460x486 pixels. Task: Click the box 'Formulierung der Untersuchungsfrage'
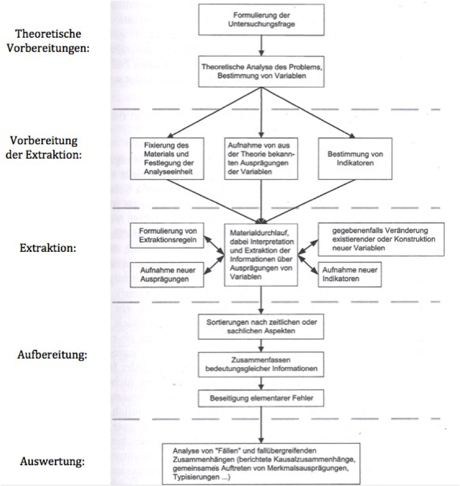coord(261,20)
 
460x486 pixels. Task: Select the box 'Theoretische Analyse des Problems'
coord(261,71)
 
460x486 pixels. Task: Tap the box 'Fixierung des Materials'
coord(167,159)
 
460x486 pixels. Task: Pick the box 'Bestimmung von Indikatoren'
coord(355,159)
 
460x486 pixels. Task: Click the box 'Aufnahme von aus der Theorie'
coord(261,159)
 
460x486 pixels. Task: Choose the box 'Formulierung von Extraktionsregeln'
coord(167,236)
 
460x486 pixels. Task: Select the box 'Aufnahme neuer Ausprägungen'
coord(167,275)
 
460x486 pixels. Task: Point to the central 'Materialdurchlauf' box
coord(261,255)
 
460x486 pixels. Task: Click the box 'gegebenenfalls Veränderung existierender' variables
coord(381,240)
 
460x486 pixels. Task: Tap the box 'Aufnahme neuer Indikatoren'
coord(349,274)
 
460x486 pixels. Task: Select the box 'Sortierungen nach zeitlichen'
coord(261,326)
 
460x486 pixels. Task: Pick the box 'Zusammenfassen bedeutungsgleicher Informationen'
coord(261,364)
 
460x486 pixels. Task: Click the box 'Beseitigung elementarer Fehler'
coord(261,398)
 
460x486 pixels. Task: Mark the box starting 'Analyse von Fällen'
coord(261,464)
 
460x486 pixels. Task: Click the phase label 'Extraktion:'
coord(48,248)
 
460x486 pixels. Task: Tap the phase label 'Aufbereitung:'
coord(52,355)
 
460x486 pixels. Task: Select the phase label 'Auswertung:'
coord(52,461)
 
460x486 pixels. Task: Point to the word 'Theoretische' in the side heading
coord(48,34)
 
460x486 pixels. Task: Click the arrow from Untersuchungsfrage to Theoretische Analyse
coord(261,46)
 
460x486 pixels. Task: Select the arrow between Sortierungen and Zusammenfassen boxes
coord(261,345)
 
